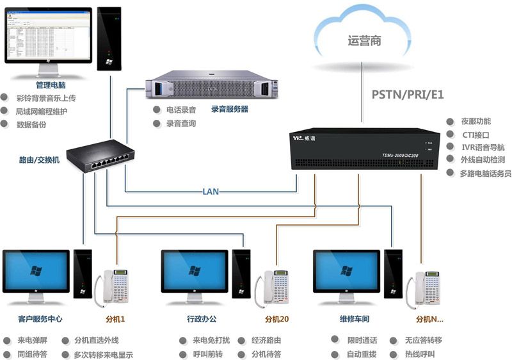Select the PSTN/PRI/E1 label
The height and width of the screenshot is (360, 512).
408,95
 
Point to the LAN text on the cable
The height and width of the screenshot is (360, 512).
211,191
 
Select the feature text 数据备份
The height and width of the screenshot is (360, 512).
31,124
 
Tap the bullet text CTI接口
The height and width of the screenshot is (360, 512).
476,135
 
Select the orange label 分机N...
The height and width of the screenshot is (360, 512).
429,318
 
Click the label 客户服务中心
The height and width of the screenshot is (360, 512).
40,318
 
